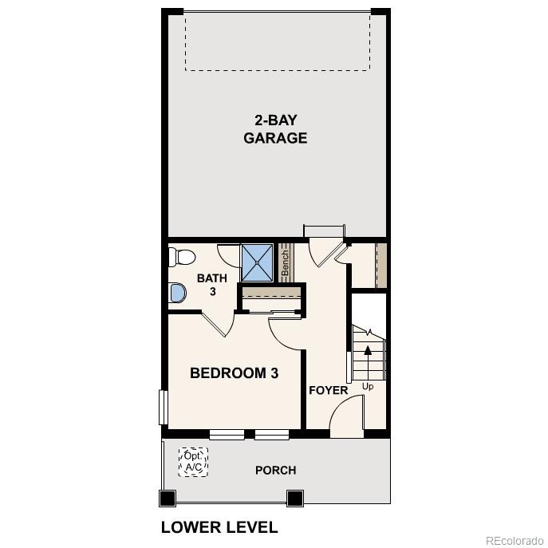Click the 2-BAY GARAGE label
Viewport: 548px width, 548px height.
(275, 129)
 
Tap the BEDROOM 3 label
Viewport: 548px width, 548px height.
(234, 373)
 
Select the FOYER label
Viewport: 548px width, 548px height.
(329, 390)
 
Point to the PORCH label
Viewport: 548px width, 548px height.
(275, 470)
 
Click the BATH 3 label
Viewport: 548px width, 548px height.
(212, 285)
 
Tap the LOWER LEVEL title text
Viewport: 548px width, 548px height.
(219, 527)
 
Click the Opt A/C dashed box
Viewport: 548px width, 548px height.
(193, 462)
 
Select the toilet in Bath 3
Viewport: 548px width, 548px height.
(181, 257)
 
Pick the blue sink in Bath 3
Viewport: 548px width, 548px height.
(177, 293)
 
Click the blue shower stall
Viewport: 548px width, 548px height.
(258, 260)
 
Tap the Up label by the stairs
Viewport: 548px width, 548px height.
(368, 387)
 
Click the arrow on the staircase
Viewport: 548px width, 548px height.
(368, 349)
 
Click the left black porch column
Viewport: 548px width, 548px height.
(167, 499)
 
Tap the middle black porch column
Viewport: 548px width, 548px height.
(295, 499)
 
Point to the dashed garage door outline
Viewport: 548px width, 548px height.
(278, 41)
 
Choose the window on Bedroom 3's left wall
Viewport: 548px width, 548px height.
(162, 407)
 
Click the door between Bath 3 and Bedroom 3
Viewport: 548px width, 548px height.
(217, 325)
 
